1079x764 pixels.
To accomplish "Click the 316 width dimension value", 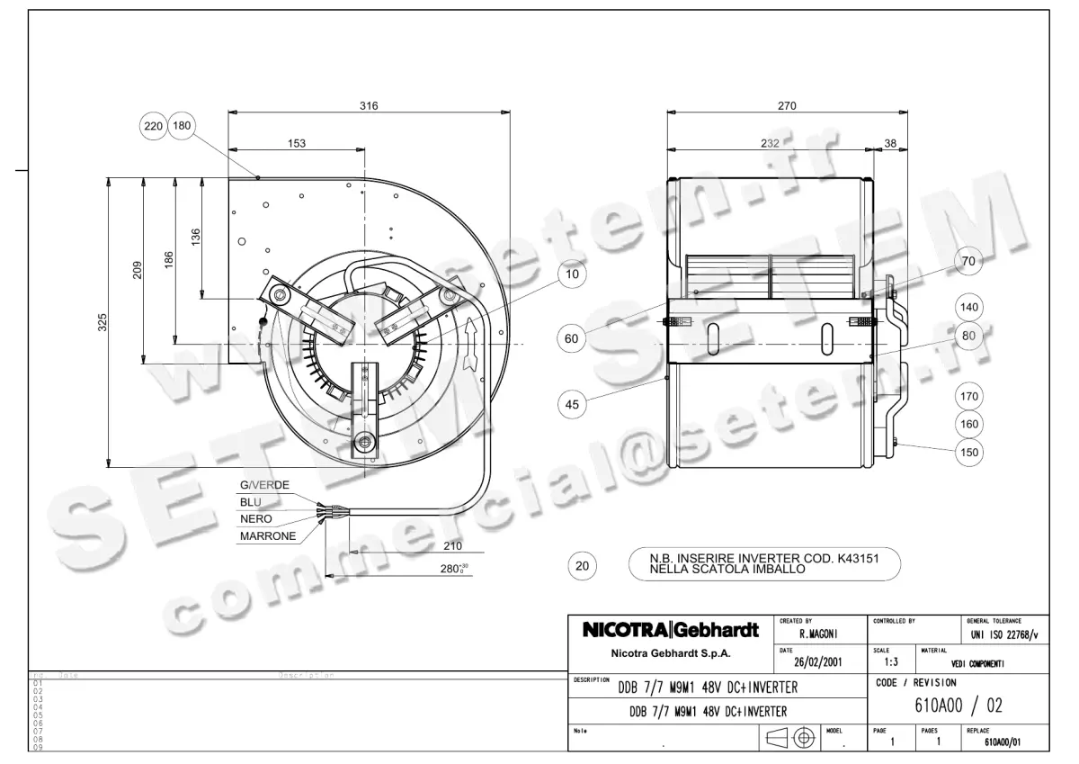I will pos(369,105).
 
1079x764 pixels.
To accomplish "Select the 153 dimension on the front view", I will pos(297,143).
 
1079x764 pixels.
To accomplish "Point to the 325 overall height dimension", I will pos(103,322).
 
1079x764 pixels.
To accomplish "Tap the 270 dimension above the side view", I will pos(787,105).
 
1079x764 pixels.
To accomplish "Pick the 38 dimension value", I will pos(890,143).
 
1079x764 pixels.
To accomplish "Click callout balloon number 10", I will pos(572,275).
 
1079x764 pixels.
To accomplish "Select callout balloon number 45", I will pos(572,405).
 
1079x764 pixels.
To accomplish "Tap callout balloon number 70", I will pos(968,262).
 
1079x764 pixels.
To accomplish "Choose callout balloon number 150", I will pos(968,453).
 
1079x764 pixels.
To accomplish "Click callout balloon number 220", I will pos(154,126).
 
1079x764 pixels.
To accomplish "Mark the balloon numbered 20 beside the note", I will pos(582,566).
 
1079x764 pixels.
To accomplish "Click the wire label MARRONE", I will pos(267,536).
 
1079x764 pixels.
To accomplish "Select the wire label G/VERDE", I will pos(263,485).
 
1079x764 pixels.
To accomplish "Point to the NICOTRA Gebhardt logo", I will pos(671,629).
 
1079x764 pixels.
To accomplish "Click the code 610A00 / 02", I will pos(959,705).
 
